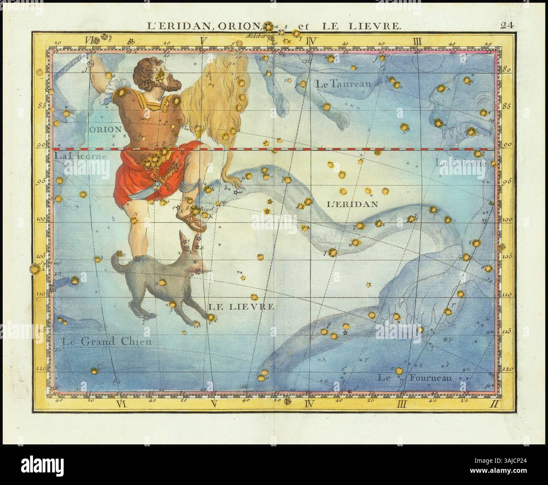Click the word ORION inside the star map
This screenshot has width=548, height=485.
(105, 129)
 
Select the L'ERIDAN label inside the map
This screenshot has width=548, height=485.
(352, 203)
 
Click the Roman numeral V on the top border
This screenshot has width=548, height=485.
(204, 41)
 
